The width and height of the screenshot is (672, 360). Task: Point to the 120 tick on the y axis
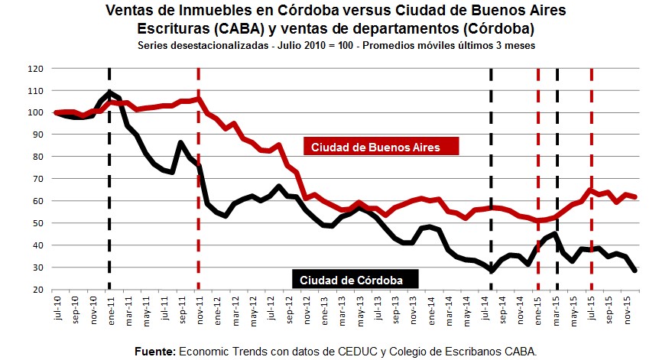click(35, 69)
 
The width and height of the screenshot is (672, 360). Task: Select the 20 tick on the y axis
click(37, 290)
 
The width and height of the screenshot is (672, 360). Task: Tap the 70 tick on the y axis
click(37, 180)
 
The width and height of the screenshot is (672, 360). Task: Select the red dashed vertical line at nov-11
click(199, 191)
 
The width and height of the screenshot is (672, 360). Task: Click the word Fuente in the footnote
click(154, 351)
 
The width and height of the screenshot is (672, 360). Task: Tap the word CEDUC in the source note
click(372, 351)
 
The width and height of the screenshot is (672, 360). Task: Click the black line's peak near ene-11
click(109, 92)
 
